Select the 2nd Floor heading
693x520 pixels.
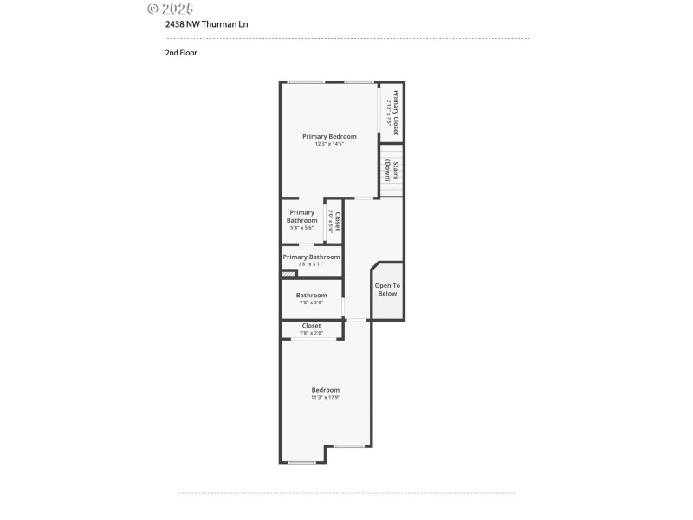tap(181, 52)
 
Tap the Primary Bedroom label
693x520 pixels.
tap(329, 136)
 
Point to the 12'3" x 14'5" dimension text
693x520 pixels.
tap(329, 144)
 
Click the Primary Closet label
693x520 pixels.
tap(396, 113)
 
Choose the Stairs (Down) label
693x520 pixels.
tap(396, 171)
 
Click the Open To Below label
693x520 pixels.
tap(387, 289)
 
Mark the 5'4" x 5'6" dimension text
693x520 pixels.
tap(301, 228)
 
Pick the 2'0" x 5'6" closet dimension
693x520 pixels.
tap(330, 224)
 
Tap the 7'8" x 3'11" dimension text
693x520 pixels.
tap(311, 264)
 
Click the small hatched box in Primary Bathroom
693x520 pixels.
tap(288, 275)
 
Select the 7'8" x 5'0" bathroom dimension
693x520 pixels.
tap(311, 302)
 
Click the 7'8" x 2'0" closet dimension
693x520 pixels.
tap(311, 333)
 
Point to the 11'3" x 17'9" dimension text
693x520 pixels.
tap(326, 397)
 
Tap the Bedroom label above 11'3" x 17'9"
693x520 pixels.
tap(326, 389)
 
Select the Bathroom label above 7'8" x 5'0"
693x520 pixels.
tap(311, 295)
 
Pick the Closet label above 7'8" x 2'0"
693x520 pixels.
tap(311, 326)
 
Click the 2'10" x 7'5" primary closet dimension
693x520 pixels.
tap(389, 113)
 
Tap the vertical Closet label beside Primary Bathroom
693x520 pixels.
tap(337, 224)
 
